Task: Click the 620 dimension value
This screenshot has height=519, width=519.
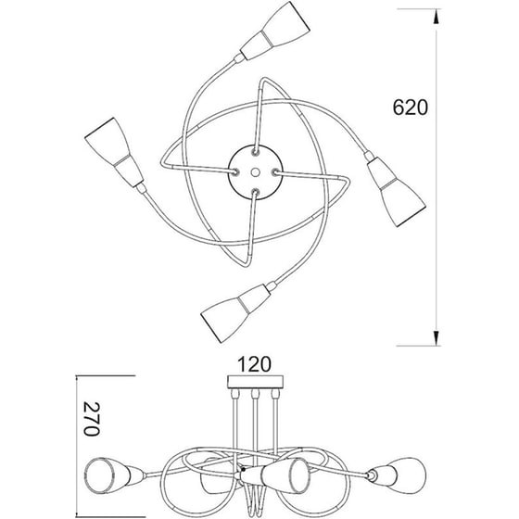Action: click(410, 107)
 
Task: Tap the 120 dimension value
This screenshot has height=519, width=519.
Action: click(255, 364)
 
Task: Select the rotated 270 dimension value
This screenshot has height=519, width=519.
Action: click(91, 419)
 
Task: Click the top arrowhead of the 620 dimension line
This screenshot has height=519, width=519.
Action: click(437, 17)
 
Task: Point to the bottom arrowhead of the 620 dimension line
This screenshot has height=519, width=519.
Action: click(437, 338)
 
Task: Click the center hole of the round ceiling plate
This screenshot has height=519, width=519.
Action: click(255, 172)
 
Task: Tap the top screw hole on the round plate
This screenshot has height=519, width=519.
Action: click(256, 153)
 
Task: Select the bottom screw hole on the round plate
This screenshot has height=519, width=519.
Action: click(255, 191)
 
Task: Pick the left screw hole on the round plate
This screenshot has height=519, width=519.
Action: click(235, 171)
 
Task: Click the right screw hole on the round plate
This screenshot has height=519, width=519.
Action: click(274, 172)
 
